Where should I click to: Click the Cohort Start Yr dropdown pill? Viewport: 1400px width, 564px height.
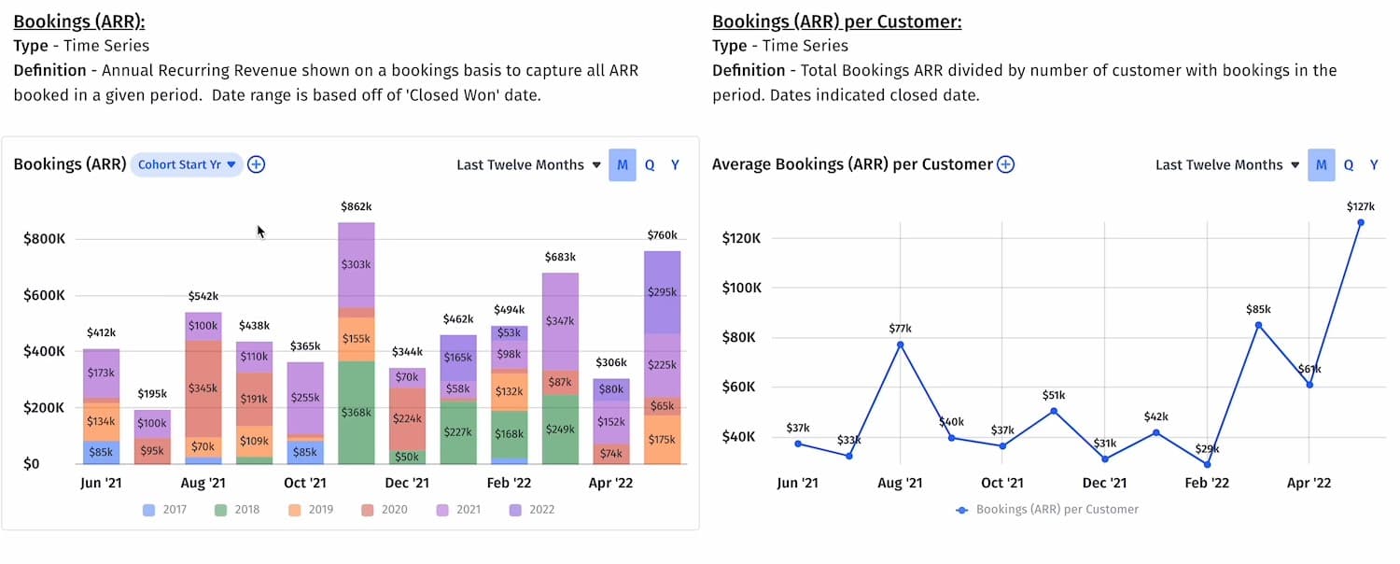point(187,164)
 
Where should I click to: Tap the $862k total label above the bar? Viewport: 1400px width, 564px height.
point(356,205)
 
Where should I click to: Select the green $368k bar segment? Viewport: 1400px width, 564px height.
point(356,412)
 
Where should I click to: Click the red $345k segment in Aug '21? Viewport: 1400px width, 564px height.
point(203,388)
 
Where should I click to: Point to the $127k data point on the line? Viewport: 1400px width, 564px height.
point(1361,222)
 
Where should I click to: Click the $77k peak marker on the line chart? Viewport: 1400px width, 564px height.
point(900,345)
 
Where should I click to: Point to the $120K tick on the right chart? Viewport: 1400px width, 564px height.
point(742,238)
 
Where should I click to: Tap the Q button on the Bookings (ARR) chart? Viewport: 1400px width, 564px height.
point(650,164)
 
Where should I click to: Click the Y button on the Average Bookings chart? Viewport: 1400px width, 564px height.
point(1374,164)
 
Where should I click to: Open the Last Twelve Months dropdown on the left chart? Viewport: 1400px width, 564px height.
point(527,164)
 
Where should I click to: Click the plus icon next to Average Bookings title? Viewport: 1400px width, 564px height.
point(1005,164)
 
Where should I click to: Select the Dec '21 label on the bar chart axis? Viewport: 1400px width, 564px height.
point(407,483)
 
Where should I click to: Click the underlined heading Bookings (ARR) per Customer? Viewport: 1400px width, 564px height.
point(836,21)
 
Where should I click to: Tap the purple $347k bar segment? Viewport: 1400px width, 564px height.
point(561,321)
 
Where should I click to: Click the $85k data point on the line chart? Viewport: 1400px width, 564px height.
point(1258,325)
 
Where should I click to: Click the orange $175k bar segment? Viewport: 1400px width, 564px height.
point(663,439)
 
